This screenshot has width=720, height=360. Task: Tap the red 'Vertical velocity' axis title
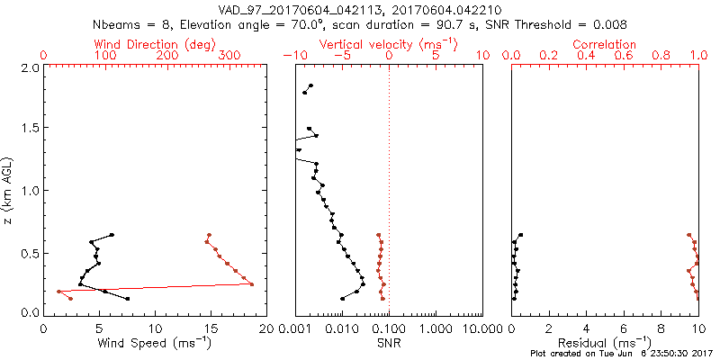tap(388, 44)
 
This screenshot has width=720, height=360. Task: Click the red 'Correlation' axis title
tap(605, 44)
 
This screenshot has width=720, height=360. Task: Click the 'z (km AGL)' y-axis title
tap(8, 190)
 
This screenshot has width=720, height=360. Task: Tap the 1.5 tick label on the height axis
tap(31, 129)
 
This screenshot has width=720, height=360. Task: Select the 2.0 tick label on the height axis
tap(31, 67)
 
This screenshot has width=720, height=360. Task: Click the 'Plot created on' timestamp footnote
tap(611, 354)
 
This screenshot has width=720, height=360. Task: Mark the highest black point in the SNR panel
tap(310, 85)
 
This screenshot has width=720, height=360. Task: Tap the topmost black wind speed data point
tap(112, 235)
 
